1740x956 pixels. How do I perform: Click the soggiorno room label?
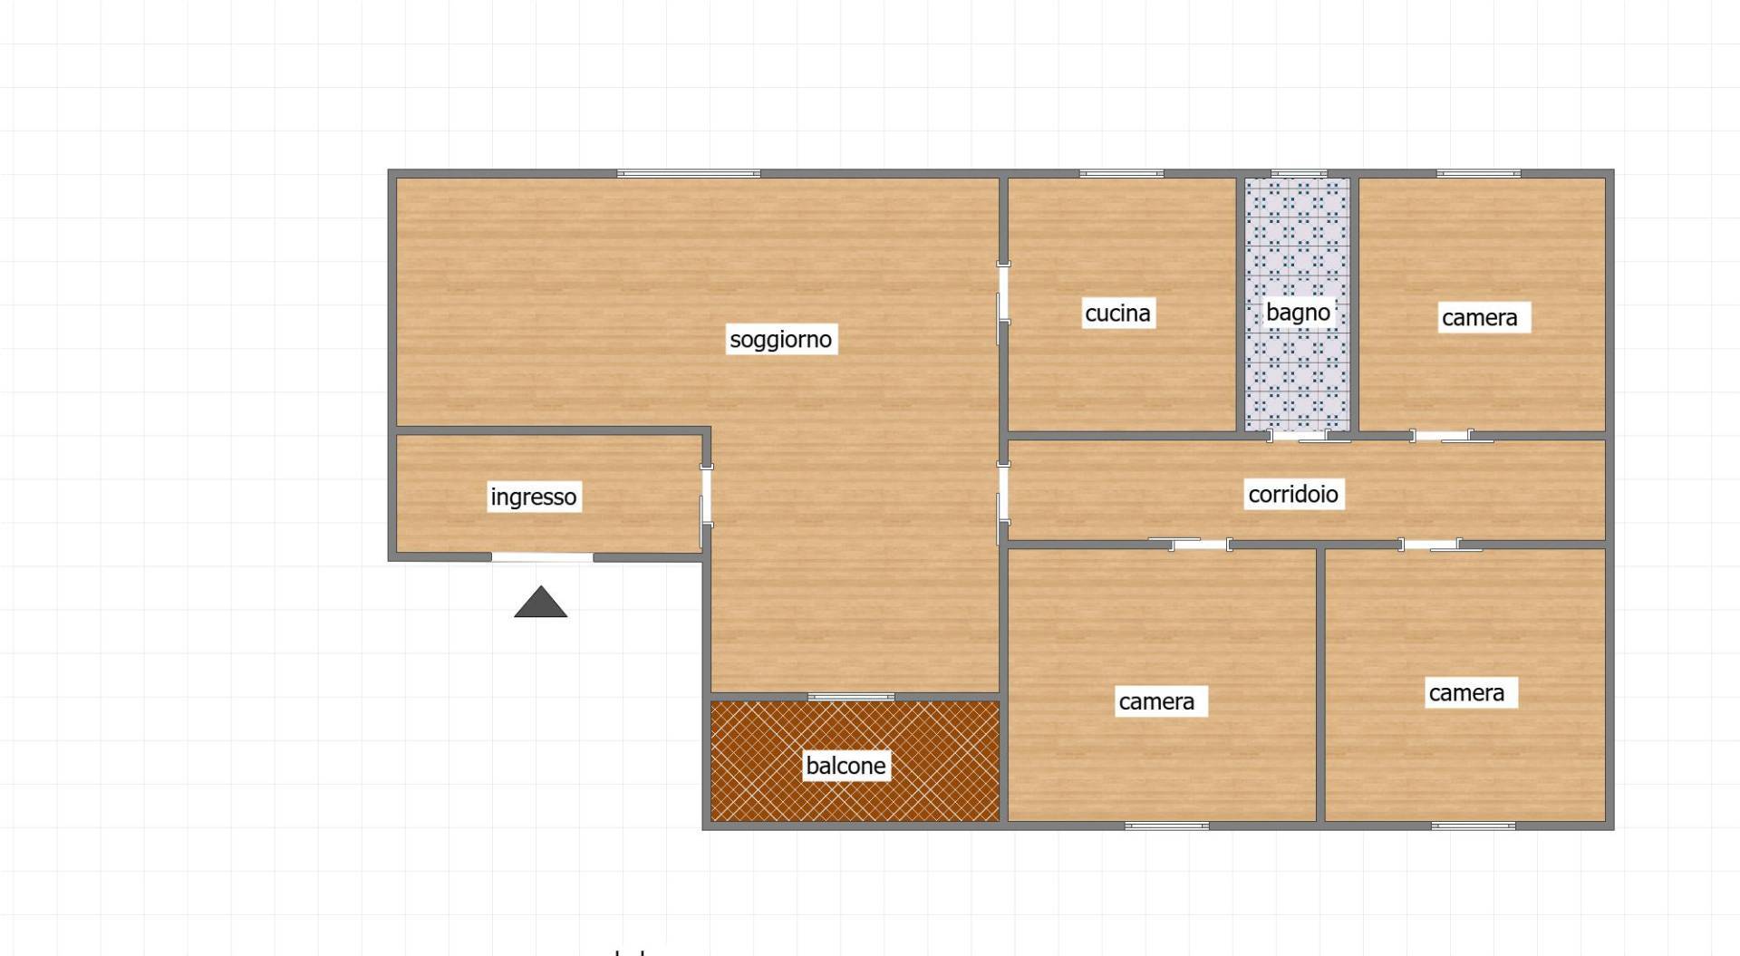click(780, 339)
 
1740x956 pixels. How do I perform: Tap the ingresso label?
click(534, 497)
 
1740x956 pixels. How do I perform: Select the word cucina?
click(1117, 313)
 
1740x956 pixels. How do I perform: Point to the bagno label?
click(1298, 312)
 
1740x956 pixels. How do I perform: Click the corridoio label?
click(1293, 494)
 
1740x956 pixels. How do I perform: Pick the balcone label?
click(846, 766)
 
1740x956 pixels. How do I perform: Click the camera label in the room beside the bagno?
click(1480, 317)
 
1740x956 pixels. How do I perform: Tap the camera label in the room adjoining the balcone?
click(1156, 701)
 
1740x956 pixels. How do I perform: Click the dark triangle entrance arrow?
click(541, 602)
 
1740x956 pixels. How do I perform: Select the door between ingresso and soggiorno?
click(706, 495)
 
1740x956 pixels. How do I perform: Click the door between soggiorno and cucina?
click(1003, 291)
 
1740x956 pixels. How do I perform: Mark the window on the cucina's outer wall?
click(1121, 173)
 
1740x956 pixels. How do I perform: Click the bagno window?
click(1299, 173)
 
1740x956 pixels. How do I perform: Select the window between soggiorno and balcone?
click(851, 697)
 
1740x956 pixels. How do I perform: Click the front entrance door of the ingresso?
click(543, 556)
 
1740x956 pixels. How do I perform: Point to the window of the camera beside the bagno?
click(1479, 173)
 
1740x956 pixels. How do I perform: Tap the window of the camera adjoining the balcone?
click(1167, 826)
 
